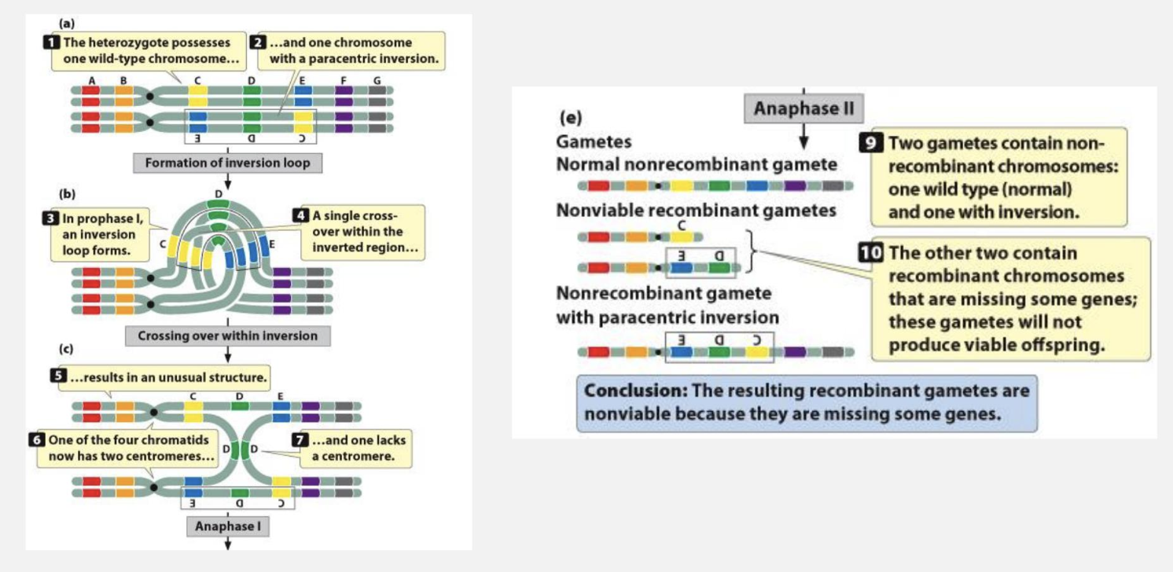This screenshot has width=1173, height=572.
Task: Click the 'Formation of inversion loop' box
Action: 227,163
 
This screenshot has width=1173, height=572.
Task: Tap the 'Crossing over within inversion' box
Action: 227,336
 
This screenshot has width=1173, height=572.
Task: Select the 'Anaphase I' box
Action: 227,526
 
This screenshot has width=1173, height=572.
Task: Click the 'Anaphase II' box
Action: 803,108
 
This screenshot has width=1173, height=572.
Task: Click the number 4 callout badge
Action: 301,215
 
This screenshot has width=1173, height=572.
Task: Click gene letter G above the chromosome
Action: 377,80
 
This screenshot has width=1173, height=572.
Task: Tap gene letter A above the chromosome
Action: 92,80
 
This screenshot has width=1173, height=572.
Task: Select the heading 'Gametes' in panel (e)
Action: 593,142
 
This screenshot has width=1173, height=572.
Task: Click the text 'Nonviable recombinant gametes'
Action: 696,211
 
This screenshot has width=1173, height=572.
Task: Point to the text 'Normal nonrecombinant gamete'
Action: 696,165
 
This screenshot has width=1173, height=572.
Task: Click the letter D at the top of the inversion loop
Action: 218,193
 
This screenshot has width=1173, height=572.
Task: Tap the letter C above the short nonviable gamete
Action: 681,224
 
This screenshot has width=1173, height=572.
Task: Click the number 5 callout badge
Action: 57,376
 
